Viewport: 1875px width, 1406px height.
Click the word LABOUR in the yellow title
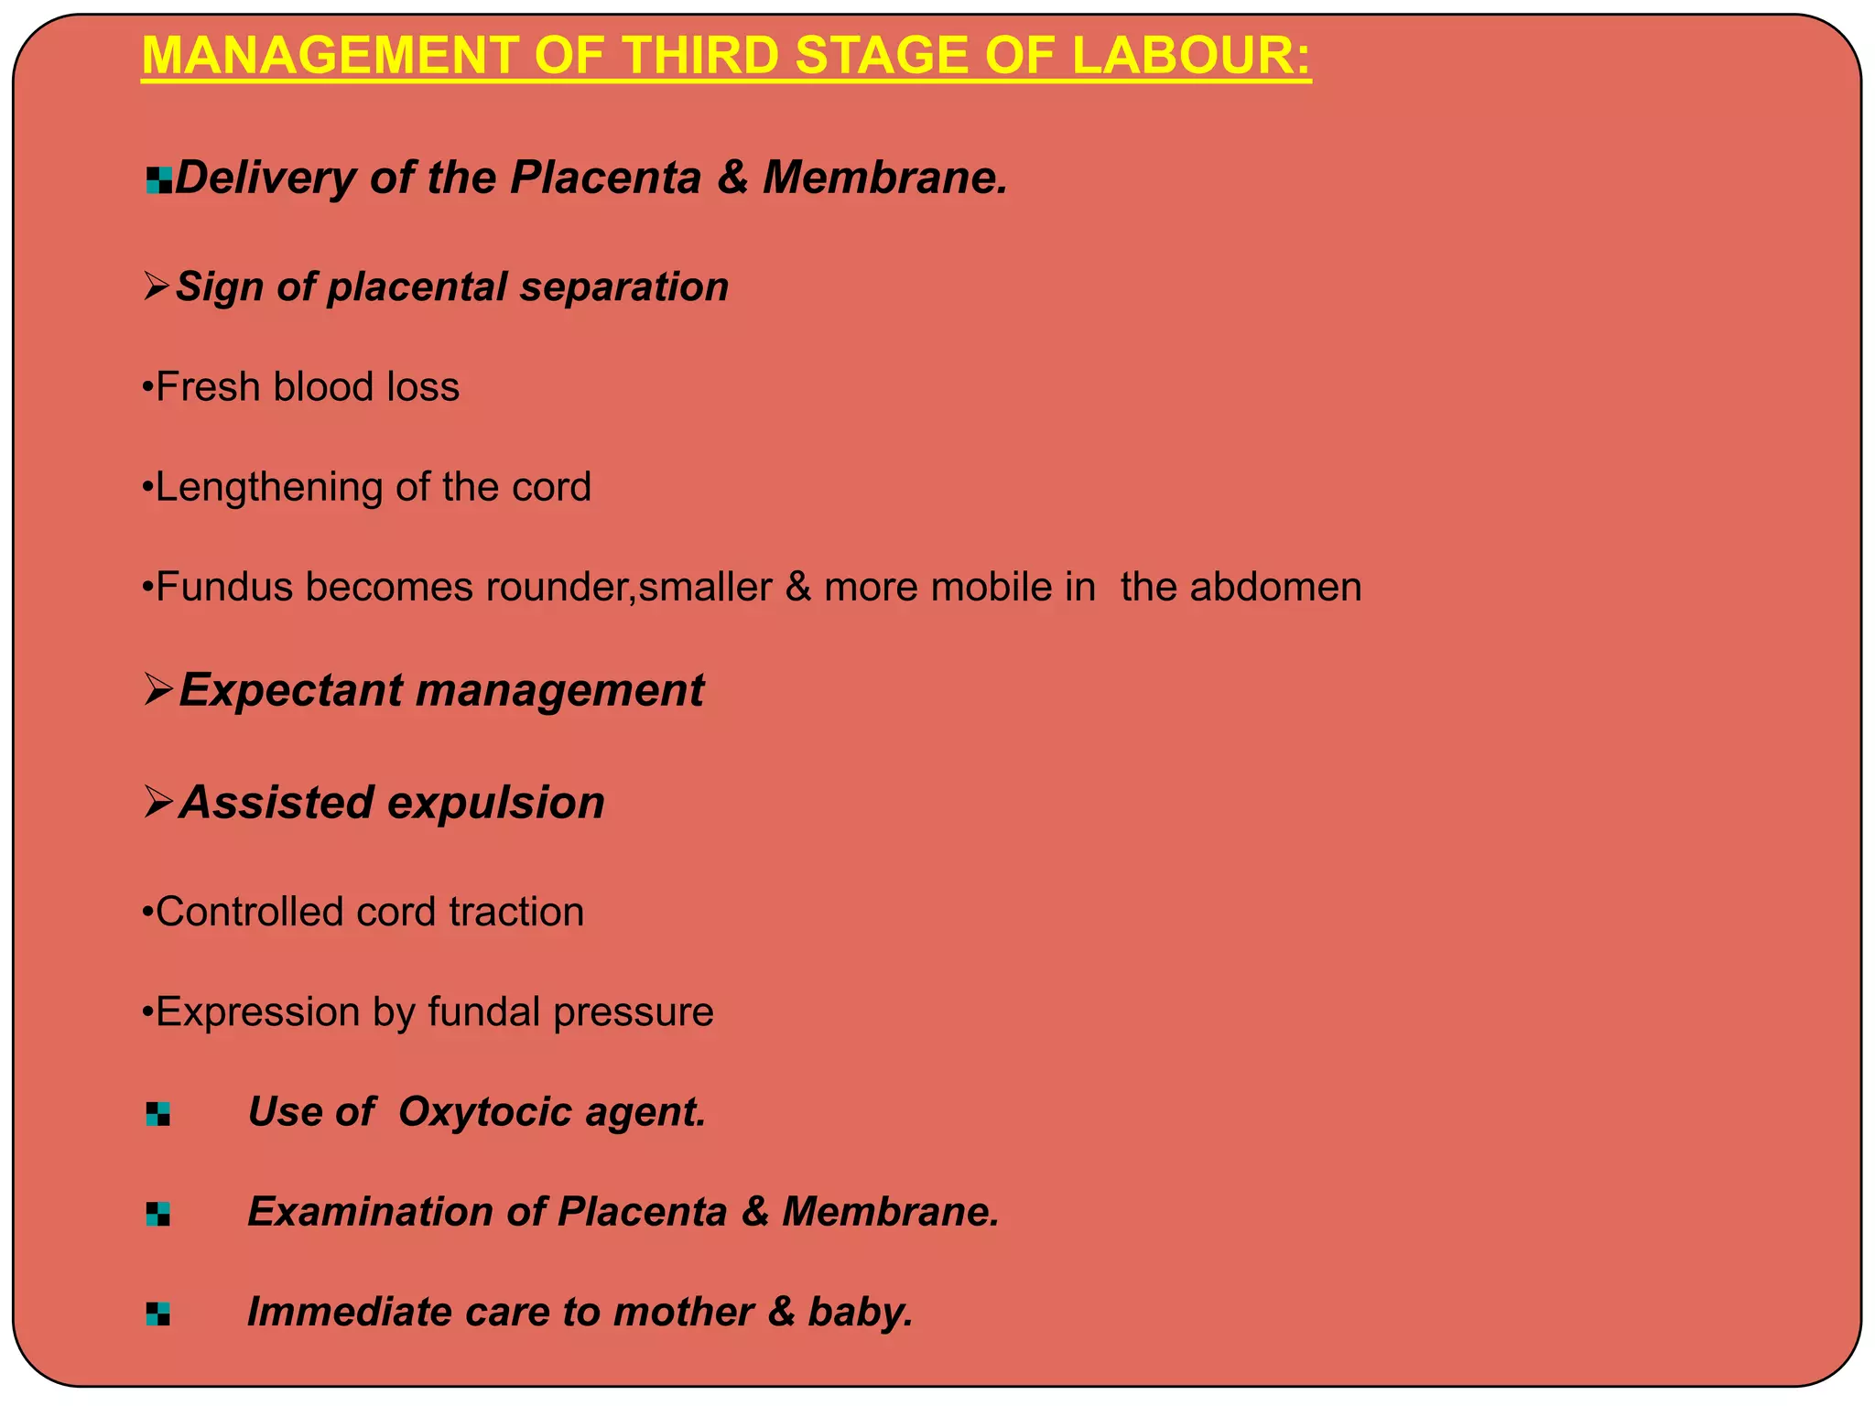pos(1190,56)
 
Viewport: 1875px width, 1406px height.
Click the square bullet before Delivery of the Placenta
pos(158,180)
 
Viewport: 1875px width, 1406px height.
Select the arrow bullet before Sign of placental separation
pos(157,288)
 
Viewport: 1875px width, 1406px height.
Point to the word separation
pos(624,287)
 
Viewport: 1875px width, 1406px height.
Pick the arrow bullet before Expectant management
pos(158,691)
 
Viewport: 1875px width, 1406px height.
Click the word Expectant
pos(290,690)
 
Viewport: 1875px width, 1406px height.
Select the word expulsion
pos(497,803)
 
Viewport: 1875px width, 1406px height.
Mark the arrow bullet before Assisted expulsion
pos(158,804)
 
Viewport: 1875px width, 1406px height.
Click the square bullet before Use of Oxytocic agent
pos(157,1114)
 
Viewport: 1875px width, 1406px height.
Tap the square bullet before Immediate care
pos(157,1314)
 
